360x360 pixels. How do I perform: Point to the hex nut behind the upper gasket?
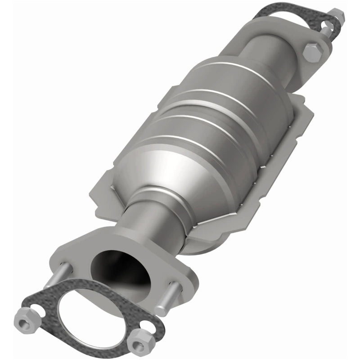[x=337, y=16]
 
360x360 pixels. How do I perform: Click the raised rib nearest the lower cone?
[x=189, y=148]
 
